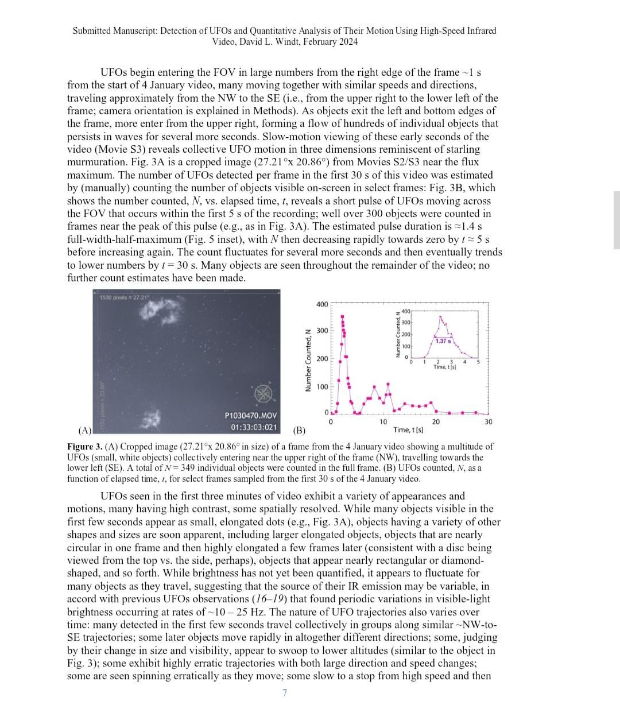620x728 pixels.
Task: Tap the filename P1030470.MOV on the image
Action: [250, 415]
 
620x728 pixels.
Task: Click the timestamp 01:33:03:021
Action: [253, 427]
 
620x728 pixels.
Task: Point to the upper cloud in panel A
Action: [157, 308]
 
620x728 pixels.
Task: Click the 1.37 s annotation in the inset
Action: [443, 341]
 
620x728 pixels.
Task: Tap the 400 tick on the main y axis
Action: [321, 304]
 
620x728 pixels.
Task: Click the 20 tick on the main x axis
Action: [436, 421]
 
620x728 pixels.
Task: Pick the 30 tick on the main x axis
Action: [489, 421]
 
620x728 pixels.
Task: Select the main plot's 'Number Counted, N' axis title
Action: [308, 360]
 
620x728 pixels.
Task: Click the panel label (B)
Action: [299, 430]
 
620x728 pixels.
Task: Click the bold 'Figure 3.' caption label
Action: [84, 446]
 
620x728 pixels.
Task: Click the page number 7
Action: [285, 692]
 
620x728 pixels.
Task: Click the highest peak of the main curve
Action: [343, 316]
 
